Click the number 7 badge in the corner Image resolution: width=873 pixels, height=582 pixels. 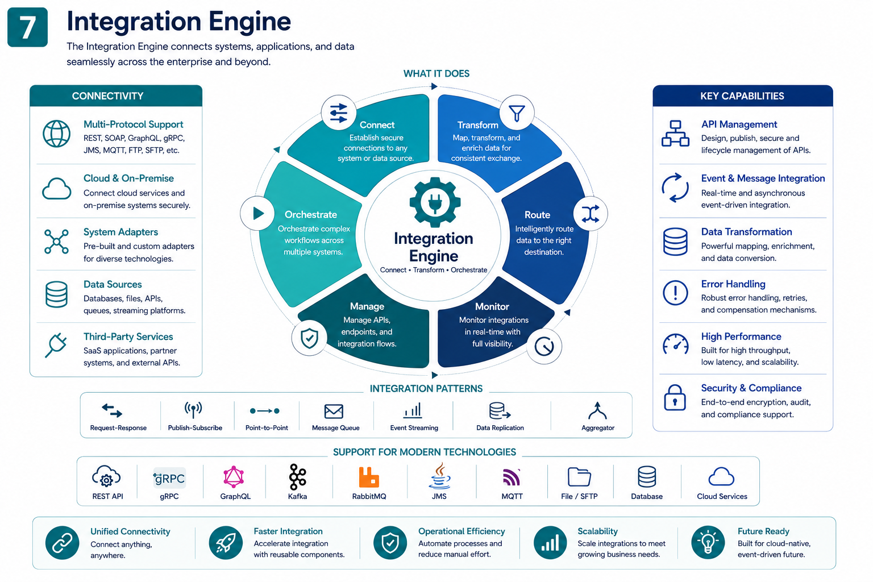[x=27, y=27]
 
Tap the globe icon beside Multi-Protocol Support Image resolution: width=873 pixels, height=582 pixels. [x=56, y=134]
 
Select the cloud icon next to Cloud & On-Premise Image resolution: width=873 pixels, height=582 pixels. [x=56, y=189]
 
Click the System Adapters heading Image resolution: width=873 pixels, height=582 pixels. [x=120, y=232]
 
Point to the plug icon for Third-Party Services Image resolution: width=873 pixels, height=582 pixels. [x=56, y=345]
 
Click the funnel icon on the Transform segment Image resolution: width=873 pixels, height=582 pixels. [x=517, y=113]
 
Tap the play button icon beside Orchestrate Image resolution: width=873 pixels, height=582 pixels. [x=258, y=213]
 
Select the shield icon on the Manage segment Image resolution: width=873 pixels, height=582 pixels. [x=309, y=338]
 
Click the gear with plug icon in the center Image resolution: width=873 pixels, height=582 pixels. [x=435, y=202]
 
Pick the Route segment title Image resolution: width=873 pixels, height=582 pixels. [x=537, y=215]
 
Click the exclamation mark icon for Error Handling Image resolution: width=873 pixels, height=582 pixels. [x=675, y=292]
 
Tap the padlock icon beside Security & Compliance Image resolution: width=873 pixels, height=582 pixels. [x=675, y=397]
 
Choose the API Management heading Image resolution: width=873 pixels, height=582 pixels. [x=739, y=124]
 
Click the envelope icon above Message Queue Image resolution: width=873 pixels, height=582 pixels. [x=334, y=411]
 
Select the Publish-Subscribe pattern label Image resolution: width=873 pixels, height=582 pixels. [x=195, y=427]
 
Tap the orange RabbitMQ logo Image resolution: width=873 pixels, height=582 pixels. [x=369, y=477]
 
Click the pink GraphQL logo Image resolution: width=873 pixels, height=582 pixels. [x=234, y=477]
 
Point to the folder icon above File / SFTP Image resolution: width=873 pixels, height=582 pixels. [x=579, y=477]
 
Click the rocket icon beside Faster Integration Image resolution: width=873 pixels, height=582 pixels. [x=226, y=543]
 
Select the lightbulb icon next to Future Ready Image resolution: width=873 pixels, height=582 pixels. [x=708, y=542]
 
